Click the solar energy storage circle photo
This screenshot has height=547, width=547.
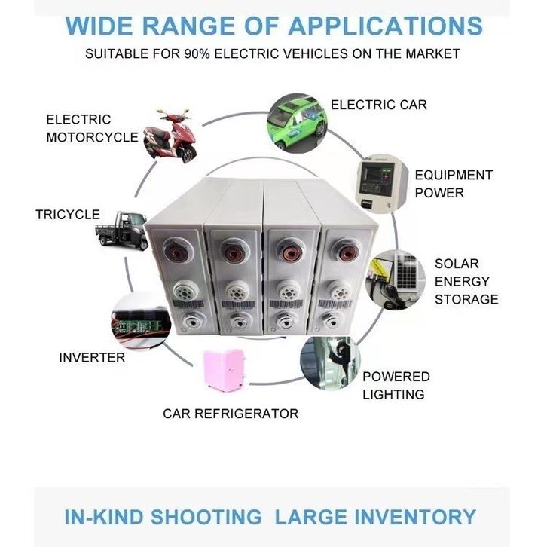pos(396,280)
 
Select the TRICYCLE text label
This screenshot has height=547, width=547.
pos(68,215)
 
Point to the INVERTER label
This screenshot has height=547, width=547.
pos(92,357)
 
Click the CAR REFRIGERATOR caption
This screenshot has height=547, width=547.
pos(231,414)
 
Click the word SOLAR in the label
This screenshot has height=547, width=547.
pos(457,264)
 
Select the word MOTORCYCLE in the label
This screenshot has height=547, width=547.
pos(92,137)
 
